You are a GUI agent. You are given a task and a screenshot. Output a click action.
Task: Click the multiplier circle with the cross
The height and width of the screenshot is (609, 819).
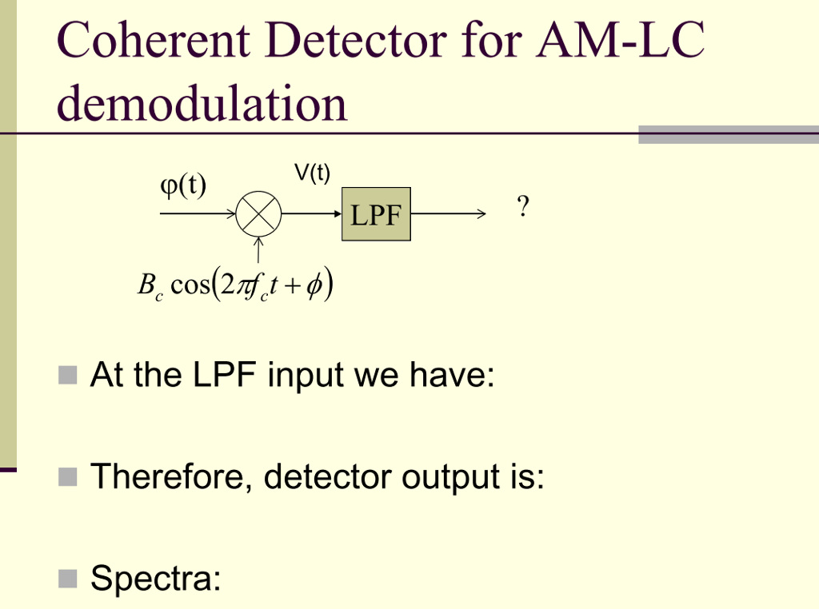pos(259,214)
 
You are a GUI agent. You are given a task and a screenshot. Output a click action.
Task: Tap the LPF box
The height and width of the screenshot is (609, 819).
pos(376,214)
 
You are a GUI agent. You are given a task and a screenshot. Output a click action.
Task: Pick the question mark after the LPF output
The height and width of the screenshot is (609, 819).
pos(523,208)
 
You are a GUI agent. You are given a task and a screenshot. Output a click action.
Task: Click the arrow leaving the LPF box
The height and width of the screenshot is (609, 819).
pos(448,214)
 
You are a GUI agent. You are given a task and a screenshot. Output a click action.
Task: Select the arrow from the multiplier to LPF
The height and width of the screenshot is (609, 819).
pos(312,214)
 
